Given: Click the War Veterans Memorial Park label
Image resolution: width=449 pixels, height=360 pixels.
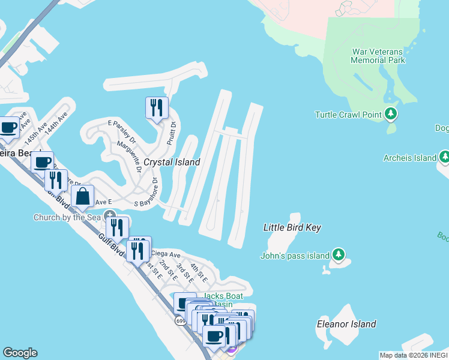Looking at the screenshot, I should [x=378, y=55].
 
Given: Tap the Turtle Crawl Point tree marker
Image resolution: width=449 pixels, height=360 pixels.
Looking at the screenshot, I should [x=391, y=113].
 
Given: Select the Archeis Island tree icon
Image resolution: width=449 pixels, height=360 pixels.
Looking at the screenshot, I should [x=444, y=157].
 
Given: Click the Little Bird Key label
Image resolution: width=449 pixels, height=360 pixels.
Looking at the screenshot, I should [x=292, y=227].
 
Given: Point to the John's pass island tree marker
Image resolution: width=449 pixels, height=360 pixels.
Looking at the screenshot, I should [x=339, y=255].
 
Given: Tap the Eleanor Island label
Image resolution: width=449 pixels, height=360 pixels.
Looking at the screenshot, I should [x=346, y=324].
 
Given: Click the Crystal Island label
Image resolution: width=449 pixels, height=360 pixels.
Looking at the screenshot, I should [x=171, y=162].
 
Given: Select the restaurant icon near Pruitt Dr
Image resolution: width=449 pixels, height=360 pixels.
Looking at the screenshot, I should [x=157, y=108].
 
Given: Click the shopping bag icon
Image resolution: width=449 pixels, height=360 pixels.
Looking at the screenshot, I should [x=82, y=196].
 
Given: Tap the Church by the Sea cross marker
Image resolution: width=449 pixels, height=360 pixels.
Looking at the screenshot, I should [x=110, y=215].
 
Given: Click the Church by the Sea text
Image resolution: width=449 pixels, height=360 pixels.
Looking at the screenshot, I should [x=67, y=217].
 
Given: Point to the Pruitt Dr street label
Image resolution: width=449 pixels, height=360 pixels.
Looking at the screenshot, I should [x=172, y=133].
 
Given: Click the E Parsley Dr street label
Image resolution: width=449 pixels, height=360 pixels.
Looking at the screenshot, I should [x=122, y=133].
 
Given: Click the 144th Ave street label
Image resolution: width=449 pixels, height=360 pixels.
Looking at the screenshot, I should [x=58, y=125].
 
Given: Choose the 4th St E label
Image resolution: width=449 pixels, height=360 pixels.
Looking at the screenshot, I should [x=199, y=273].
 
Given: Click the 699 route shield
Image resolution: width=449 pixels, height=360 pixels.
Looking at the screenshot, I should [x=181, y=322].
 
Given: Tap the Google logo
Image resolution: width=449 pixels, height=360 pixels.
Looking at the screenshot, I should [x=20, y=353].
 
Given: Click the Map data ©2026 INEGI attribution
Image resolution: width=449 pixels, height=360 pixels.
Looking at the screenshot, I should [x=414, y=355].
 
